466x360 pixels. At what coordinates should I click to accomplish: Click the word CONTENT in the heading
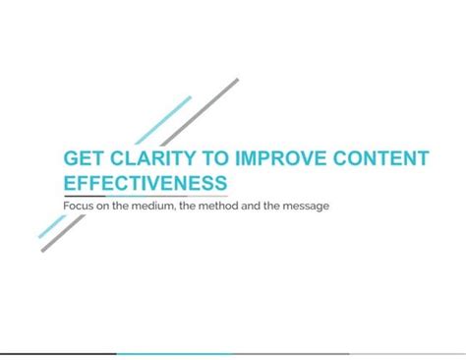[365, 159]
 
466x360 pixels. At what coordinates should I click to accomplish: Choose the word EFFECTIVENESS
[145, 183]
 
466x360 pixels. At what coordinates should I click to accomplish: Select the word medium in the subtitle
[149, 206]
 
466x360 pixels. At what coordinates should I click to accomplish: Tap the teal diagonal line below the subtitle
[50, 227]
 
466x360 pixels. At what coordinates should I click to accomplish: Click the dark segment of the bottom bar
[58, 354]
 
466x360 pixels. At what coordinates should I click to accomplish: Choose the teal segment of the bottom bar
[174, 354]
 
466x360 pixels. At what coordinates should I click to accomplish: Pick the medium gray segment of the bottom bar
[291, 354]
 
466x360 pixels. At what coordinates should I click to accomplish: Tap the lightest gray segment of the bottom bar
[407, 354]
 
